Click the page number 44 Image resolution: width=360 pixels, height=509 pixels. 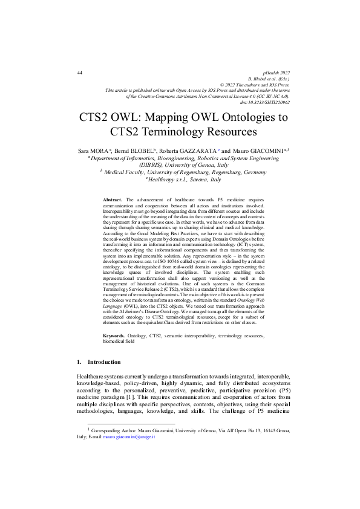pyautogui.click(x=80, y=73)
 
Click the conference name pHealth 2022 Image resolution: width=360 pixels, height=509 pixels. pyautogui.click(x=275, y=73)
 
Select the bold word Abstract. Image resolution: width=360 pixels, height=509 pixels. pyautogui.click(x=113, y=199)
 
